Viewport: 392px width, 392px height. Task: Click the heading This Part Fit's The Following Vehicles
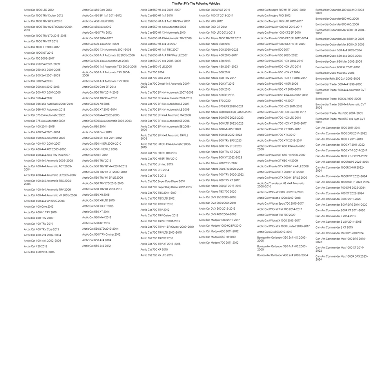(x=196, y=4)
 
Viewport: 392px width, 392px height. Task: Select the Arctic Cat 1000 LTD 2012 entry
(x=39, y=10)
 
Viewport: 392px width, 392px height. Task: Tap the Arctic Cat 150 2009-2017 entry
(x=39, y=58)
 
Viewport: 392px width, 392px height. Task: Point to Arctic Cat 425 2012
(x=35, y=247)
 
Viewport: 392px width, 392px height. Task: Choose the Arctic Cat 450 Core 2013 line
(x=97, y=10)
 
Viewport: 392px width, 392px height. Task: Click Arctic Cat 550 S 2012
(x=95, y=155)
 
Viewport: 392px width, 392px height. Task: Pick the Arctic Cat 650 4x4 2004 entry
(x=96, y=240)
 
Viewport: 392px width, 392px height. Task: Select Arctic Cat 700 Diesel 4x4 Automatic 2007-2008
(x=165, y=85)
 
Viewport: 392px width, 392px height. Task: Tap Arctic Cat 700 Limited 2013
(x=156, y=164)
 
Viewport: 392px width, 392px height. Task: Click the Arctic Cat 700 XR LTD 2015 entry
(x=156, y=255)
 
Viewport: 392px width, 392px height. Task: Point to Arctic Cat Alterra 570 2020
(x=214, y=101)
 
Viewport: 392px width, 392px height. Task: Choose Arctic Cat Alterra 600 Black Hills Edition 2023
(x=225, y=112)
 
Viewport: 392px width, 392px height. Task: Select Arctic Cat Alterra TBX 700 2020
(x=218, y=192)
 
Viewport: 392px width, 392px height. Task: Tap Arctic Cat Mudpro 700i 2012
(x=274, y=16)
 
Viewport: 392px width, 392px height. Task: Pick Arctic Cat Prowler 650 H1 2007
(x=275, y=101)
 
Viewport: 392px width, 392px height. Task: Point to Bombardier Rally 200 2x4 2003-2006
(x=338, y=78)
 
